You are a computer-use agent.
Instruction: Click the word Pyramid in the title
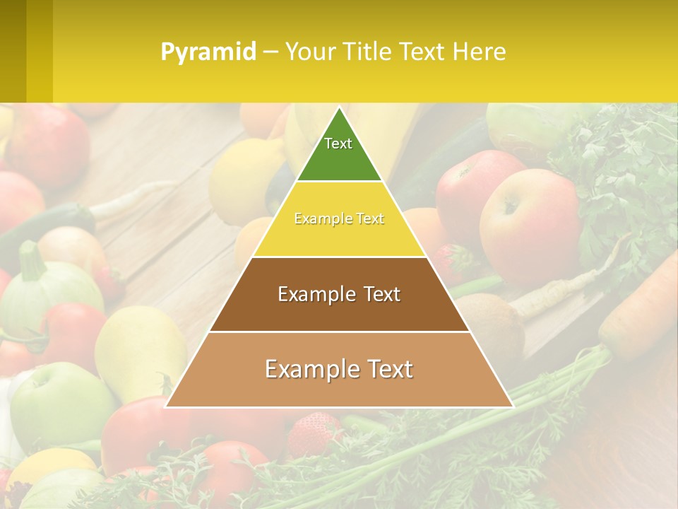(208, 52)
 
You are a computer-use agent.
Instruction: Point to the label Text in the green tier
(338, 144)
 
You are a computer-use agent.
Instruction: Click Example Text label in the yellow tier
(339, 219)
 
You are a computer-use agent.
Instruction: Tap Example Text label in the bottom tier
(339, 369)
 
